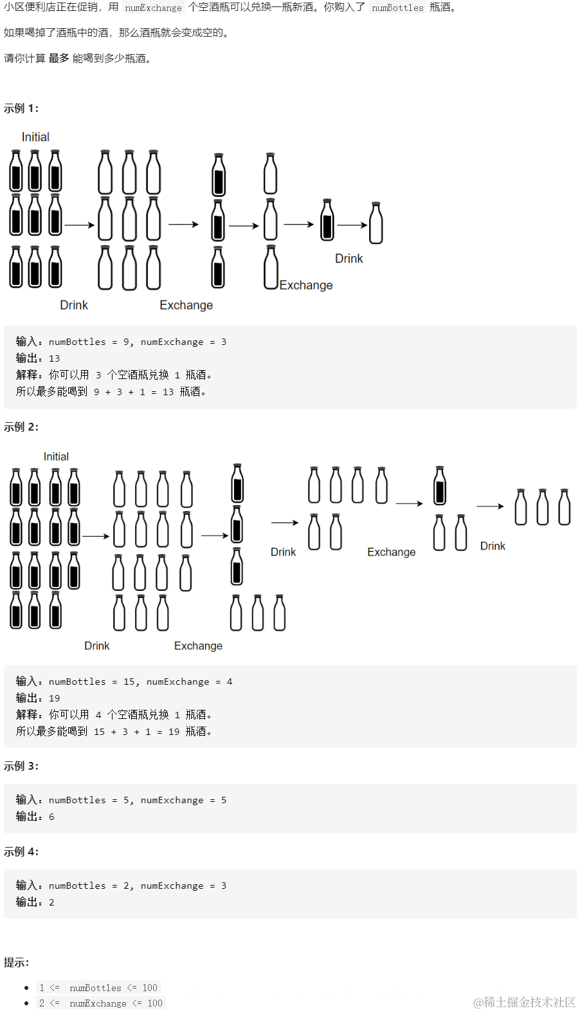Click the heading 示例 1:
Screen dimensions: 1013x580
pyautogui.click(x=21, y=108)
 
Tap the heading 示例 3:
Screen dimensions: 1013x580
pyautogui.click(x=21, y=766)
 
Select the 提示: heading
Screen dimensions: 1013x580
pyautogui.click(x=17, y=962)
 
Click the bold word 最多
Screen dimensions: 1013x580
pyautogui.click(x=59, y=59)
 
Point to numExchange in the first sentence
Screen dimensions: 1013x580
pyautogui.click(x=153, y=8)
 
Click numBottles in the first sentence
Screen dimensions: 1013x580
pyautogui.click(x=397, y=8)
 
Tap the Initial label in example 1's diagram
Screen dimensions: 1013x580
pyautogui.click(x=35, y=137)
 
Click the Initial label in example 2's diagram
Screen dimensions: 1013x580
pyautogui.click(x=56, y=456)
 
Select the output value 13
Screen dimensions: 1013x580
pyautogui.click(x=54, y=358)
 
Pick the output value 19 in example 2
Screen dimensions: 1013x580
pyautogui.click(x=54, y=698)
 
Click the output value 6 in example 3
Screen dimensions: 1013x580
pyautogui.click(x=51, y=817)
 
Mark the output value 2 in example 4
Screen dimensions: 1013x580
pyautogui.click(x=51, y=902)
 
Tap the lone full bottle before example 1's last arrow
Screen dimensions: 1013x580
pyautogui.click(x=327, y=220)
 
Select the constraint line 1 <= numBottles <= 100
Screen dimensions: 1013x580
pyautogui.click(x=98, y=988)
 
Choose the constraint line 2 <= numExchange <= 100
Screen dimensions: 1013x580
pyautogui.click(x=100, y=1003)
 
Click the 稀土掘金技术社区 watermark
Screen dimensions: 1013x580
pyautogui.click(x=524, y=1002)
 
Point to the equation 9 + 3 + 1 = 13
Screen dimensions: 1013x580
pyautogui.click(x=134, y=392)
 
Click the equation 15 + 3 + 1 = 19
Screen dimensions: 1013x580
pyautogui.click(x=136, y=732)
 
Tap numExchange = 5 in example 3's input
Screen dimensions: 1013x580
pyautogui.click(x=183, y=800)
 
